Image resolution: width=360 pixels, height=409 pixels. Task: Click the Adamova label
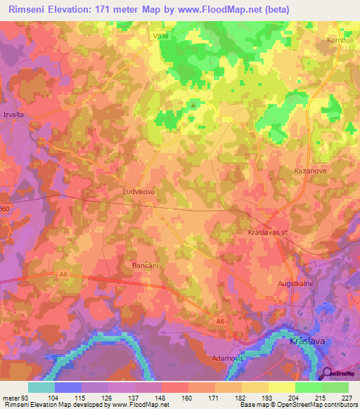pyautogui.click(x=227, y=358)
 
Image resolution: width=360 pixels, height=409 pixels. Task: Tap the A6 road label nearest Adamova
pyautogui.click(x=221, y=322)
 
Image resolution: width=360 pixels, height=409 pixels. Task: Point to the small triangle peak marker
pyautogui.click(x=192, y=105)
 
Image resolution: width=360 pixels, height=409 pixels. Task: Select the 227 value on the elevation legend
pyautogui.click(x=346, y=397)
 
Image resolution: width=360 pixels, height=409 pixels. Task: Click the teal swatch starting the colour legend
pyautogui.click(x=41, y=387)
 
